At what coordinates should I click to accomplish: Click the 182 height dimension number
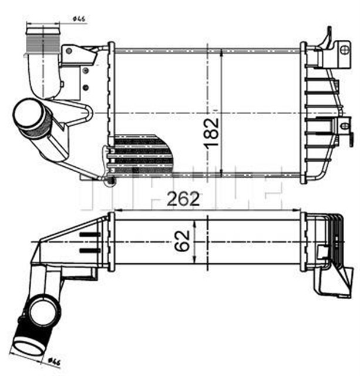point(213,132)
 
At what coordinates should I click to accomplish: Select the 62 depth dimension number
point(186,240)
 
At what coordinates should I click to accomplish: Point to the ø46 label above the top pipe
point(80,19)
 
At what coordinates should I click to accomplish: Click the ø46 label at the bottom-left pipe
point(55,361)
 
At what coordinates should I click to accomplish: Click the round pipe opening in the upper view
point(26,113)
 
